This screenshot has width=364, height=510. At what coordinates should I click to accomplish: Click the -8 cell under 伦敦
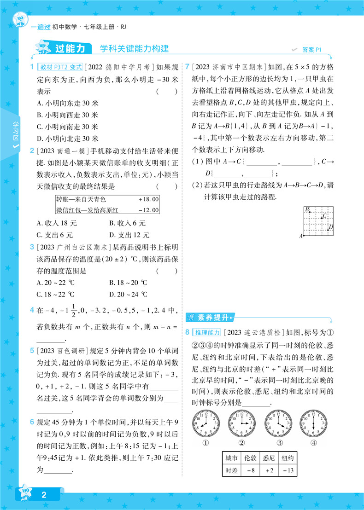250,483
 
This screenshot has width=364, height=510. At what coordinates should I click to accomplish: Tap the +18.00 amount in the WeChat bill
148,199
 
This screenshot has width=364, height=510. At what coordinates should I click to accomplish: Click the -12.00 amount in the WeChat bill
148,210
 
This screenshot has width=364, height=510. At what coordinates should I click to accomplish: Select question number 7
187,67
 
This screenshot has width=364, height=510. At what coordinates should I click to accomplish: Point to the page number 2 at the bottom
44,495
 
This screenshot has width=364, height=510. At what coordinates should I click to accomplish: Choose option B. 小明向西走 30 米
67,115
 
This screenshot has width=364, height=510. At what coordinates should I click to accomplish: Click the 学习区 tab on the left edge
15,134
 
